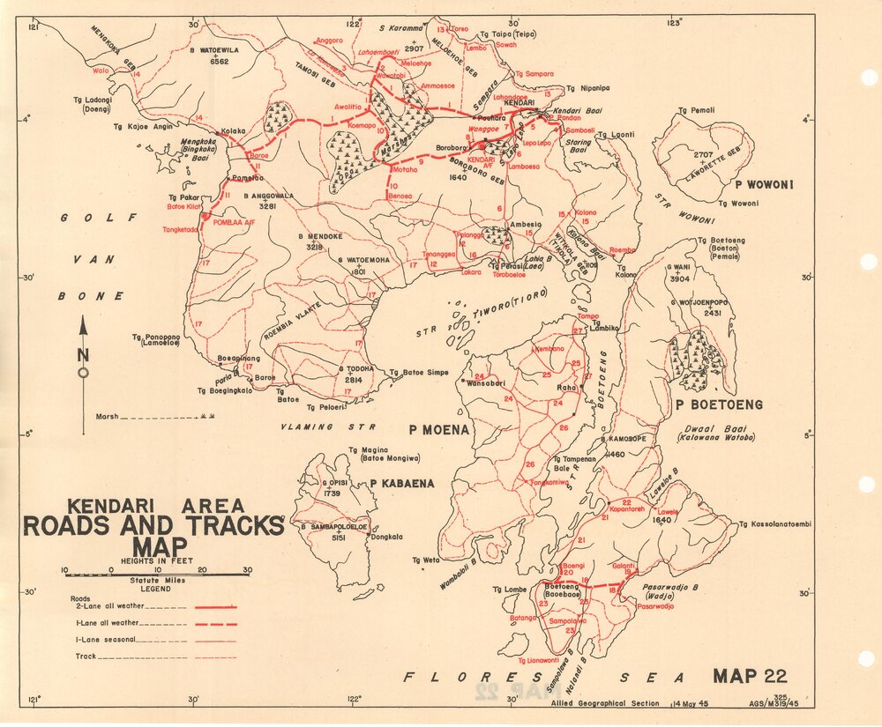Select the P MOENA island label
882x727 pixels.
tap(437, 430)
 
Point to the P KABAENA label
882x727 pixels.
tap(399, 483)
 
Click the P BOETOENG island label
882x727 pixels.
tap(718, 405)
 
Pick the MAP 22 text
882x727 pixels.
tap(749, 676)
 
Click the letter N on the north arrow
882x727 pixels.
tap(84, 355)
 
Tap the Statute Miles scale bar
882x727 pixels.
tap(155, 574)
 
